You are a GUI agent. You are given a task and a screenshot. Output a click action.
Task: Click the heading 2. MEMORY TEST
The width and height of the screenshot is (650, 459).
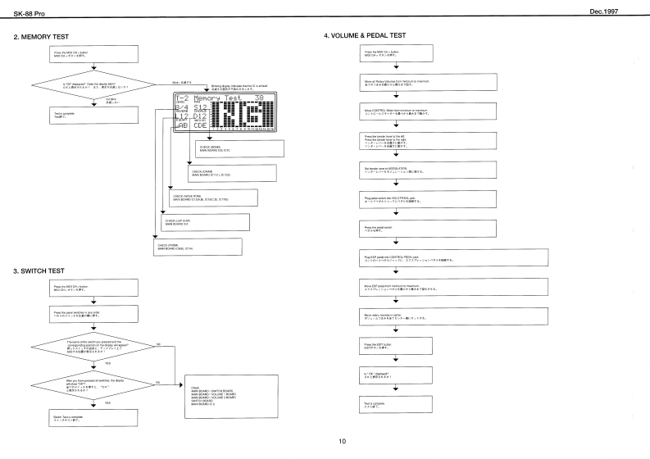coord(35,37)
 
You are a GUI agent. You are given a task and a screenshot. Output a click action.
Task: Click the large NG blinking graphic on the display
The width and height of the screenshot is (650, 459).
coord(244,109)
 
